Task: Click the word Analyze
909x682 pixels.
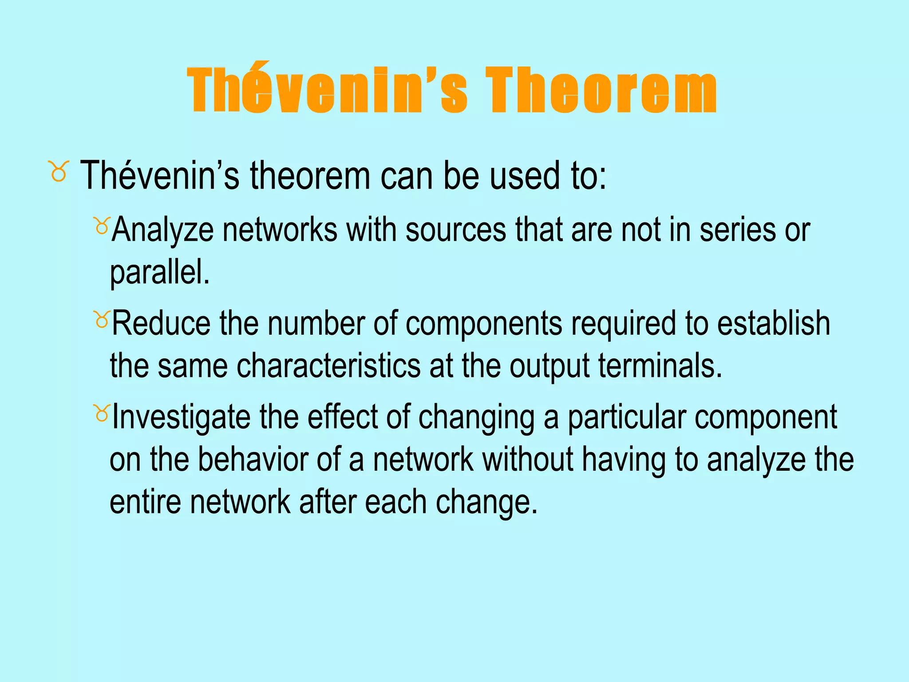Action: [x=162, y=231]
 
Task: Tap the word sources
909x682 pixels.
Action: [x=455, y=231]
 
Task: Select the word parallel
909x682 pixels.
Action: [x=159, y=273]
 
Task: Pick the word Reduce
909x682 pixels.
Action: [x=161, y=324]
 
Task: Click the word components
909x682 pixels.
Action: [x=484, y=324]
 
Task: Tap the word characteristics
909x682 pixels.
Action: [x=328, y=366]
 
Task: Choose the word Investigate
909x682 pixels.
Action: [x=181, y=418]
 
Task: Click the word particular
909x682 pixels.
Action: [x=627, y=418]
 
